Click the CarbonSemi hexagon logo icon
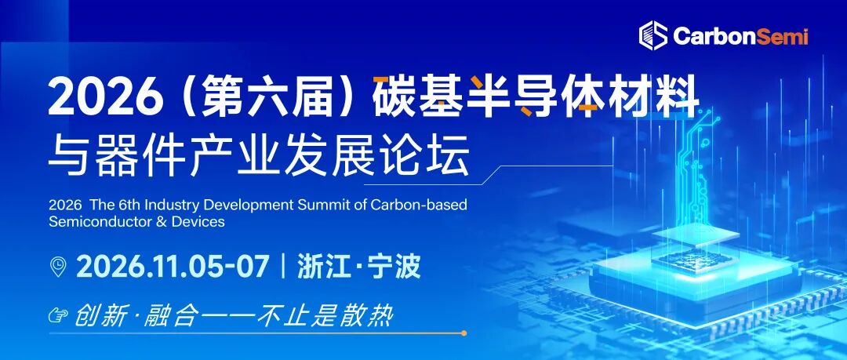pyautogui.click(x=653, y=35)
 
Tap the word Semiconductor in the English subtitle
pyautogui.click(x=93, y=222)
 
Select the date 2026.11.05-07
pyautogui.click(x=173, y=267)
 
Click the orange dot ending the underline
pyautogui.click(x=463, y=333)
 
